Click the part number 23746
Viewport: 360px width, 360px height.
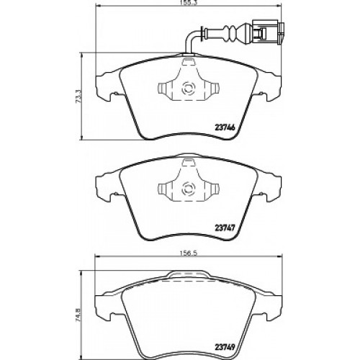coord(224,127)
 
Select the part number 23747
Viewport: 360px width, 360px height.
coord(224,227)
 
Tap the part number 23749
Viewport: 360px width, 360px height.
coord(224,346)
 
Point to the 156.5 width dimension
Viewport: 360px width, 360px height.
coord(189,253)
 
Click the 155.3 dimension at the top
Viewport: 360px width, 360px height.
coord(189,4)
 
